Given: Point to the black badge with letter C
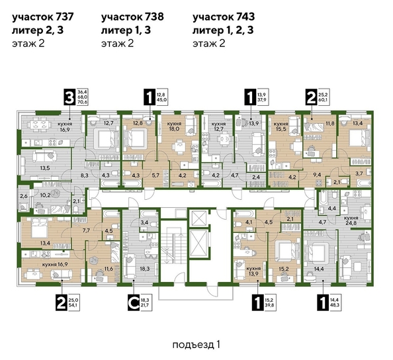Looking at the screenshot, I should pos(133,304).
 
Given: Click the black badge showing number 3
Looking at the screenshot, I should pos(67,97).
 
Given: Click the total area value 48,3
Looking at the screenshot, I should pos(335,307).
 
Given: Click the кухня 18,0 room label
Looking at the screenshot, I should pos(175,128).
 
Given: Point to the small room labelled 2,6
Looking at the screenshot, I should pos(23,197).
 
